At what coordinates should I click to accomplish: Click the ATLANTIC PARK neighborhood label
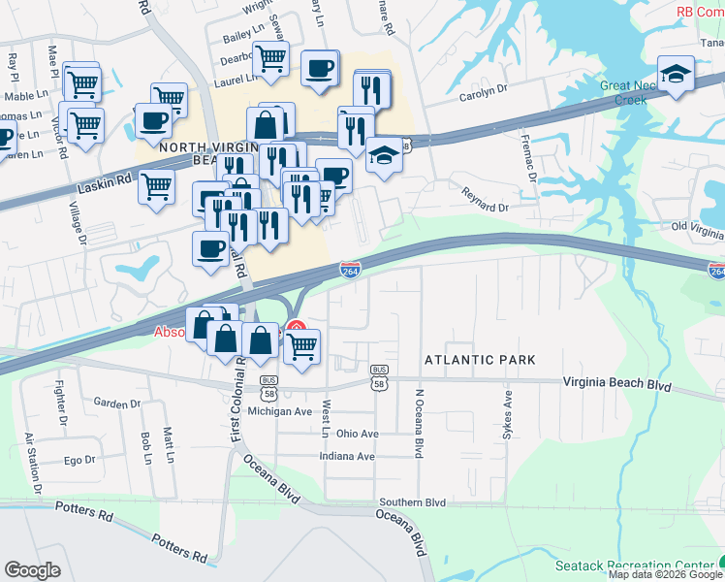[x=480, y=360]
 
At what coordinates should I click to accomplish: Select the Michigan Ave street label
[x=280, y=411]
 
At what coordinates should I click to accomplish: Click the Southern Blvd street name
[x=413, y=502]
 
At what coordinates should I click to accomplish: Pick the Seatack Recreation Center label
[x=635, y=566]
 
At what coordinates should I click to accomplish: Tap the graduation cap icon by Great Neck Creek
[x=675, y=74]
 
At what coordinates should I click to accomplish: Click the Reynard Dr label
[x=485, y=201]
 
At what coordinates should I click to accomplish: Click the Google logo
[x=32, y=570]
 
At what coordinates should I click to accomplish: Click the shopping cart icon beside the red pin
[x=303, y=345]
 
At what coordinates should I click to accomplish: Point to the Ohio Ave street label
[x=357, y=433]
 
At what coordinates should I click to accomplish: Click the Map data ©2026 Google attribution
[x=664, y=575]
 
